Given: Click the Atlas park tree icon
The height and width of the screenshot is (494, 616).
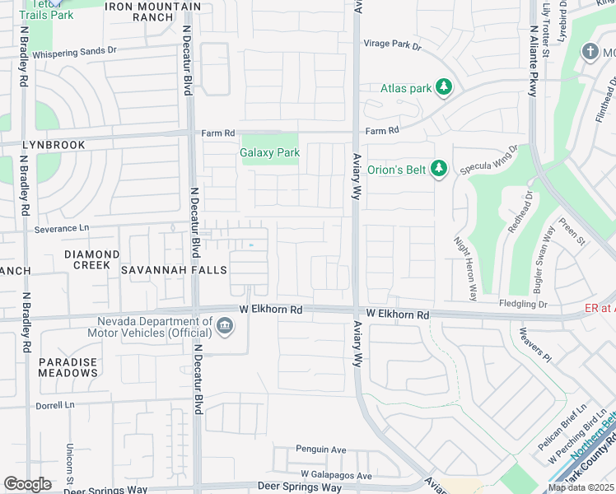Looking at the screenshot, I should [444, 87].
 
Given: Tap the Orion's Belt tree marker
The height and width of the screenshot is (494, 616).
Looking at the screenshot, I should [439, 168].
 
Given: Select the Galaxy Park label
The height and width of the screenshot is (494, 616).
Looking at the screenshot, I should [269, 152].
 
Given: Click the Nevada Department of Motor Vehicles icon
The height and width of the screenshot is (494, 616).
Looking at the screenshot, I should [224, 328].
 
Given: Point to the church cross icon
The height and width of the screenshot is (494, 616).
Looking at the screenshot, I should [589, 53].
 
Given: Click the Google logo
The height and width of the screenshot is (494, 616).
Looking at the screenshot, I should [27, 484].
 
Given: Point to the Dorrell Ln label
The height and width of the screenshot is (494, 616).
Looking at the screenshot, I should [54, 405].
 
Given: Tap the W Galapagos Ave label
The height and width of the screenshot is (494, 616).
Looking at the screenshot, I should [336, 475].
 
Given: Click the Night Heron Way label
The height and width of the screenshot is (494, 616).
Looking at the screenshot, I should [466, 268].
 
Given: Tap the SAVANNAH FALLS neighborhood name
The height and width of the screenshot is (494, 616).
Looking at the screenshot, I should [161, 270].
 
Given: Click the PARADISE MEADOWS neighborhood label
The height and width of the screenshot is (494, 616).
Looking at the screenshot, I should [68, 367].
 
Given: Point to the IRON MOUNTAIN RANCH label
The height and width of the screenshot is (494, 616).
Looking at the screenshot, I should [153, 12].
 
